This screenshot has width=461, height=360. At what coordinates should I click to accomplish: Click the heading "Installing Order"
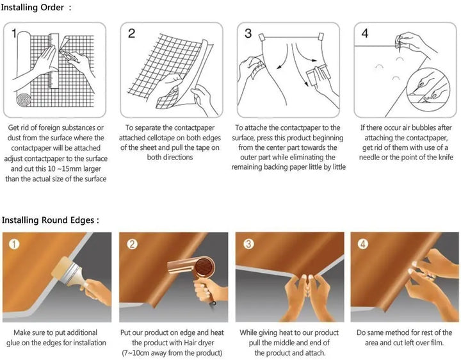(33, 7)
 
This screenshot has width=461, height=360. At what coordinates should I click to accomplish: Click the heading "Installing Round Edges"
(48, 220)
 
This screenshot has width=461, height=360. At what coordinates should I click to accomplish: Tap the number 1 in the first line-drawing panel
(14, 33)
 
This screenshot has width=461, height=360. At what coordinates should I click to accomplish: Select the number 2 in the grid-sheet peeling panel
(131, 33)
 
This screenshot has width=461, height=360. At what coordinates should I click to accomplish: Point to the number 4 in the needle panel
(364, 33)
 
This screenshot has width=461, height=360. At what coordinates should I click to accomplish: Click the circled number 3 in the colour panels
(248, 244)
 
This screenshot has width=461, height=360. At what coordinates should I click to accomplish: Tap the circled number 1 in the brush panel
(14, 244)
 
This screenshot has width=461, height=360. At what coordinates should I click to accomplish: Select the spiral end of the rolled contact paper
(24, 100)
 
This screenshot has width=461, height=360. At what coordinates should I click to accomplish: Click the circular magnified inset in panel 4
(428, 89)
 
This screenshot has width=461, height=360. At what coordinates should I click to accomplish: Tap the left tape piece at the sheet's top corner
(262, 37)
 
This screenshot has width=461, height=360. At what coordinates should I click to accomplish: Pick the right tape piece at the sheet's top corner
(321, 37)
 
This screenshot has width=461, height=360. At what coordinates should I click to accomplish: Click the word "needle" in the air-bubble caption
(369, 158)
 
